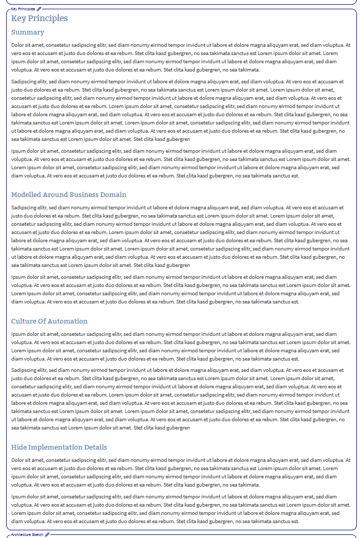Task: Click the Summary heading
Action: pyautogui.click(x=27, y=32)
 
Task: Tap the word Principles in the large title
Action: pyautogui.click(x=49, y=19)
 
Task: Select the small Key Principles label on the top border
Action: pyautogui.click(x=23, y=9)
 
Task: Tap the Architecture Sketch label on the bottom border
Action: pyautogui.click(x=27, y=535)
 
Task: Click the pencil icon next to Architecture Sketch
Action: pyautogui.click(x=47, y=535)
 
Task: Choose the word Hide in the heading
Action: pyautogui.click(x=19, y=447)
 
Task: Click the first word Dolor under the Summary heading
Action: pyautogui.click(x=17, y=45)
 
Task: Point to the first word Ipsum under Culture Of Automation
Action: pyautogui.click(x=18, y=334)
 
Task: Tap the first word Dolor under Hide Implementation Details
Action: pyautogui.click(x=17, y=460)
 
